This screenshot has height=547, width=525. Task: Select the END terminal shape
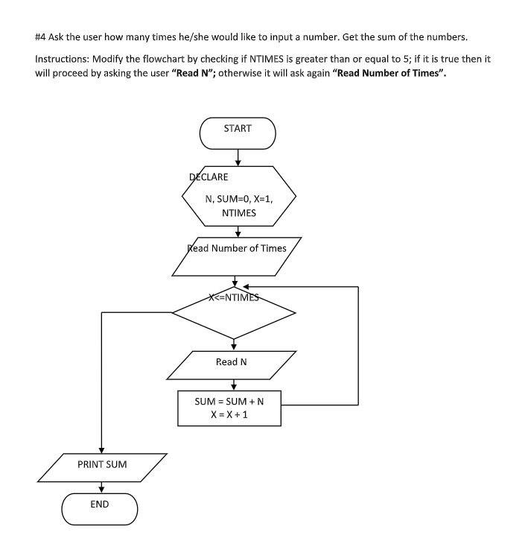click(100, 509)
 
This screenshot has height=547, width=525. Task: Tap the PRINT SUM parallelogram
click(102, 465)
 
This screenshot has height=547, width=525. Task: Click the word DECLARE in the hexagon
click(209, 177)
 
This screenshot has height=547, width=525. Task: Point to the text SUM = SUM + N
click(229, 401)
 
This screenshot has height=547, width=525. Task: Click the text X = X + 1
click(229, 415)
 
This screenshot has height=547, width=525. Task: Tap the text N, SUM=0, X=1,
click(239, 199)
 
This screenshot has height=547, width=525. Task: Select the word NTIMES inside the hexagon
click(239, 213)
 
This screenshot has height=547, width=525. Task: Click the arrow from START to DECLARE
click(238, 157)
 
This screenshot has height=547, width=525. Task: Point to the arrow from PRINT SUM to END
click(101, 487)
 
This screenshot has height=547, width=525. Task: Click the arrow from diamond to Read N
click(234, 344)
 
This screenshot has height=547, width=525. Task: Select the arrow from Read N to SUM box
click(234, 384)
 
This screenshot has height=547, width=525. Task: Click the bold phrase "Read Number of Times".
click(392, 74)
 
